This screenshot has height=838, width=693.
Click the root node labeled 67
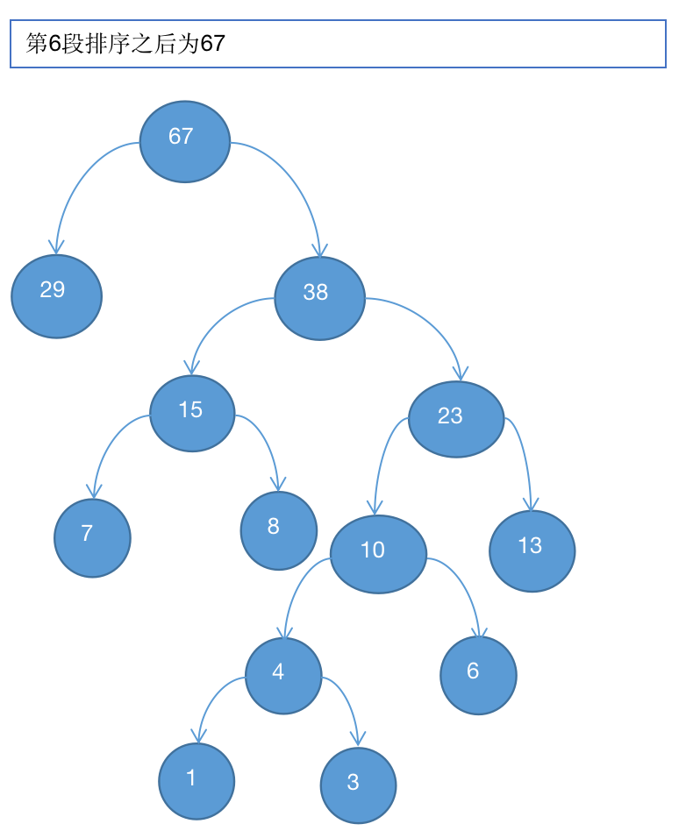point(185,141)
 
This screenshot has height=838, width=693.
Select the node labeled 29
point(56,295)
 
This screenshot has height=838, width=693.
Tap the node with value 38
point(319,298)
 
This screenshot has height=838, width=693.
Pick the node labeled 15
point(192,413)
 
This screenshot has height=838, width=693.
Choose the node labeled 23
point(456,419)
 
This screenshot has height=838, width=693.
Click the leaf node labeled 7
point(92,537)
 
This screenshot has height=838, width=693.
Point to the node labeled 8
point(278,530)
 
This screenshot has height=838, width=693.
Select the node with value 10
point(378,554)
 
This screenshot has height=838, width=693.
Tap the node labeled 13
point(532,550)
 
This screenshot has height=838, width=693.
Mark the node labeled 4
point(283,676)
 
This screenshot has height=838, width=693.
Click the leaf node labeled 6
point(478,675)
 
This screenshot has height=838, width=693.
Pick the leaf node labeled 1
point(196,781)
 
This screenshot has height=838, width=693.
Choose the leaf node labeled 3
point(358,785)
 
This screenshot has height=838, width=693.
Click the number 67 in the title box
point(213,44)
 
